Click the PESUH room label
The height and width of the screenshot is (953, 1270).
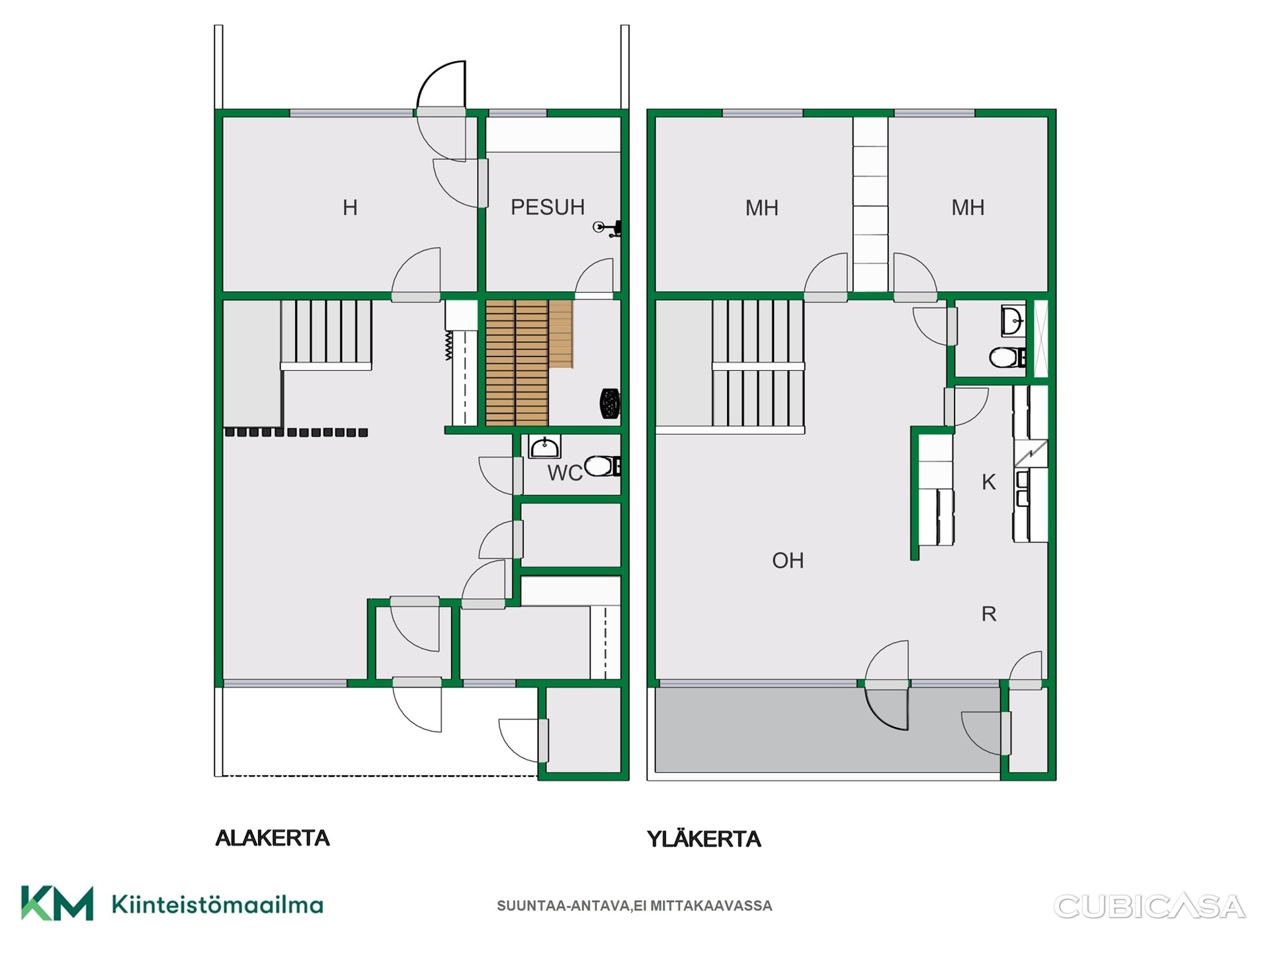[548, 207]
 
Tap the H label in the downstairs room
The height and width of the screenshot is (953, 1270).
[350, 208]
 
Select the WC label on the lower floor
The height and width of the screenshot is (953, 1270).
[565, 473]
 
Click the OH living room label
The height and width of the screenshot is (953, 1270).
[788, 561]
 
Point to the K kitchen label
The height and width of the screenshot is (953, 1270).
[989, 482]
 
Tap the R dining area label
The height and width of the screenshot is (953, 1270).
[989, 613]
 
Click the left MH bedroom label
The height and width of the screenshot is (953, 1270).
[762, 208]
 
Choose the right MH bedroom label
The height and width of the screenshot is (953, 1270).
[968, 207]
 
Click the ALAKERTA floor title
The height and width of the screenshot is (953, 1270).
[273, 838]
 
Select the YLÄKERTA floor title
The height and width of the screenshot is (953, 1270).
[704, 839]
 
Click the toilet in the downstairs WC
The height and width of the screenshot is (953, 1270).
[603, 467]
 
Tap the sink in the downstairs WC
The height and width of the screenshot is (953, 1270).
[544, 447]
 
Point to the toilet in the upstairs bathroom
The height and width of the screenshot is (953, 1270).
[1007, 358]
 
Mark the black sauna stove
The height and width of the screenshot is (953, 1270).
[610, 404]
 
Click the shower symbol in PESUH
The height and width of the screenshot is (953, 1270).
[607, 228]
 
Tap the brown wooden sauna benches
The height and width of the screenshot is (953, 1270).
[529, 363]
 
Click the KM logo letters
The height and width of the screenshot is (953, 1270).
[57, 903]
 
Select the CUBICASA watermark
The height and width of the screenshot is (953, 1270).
[1150, 907]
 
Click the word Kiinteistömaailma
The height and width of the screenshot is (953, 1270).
[218, 905]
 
